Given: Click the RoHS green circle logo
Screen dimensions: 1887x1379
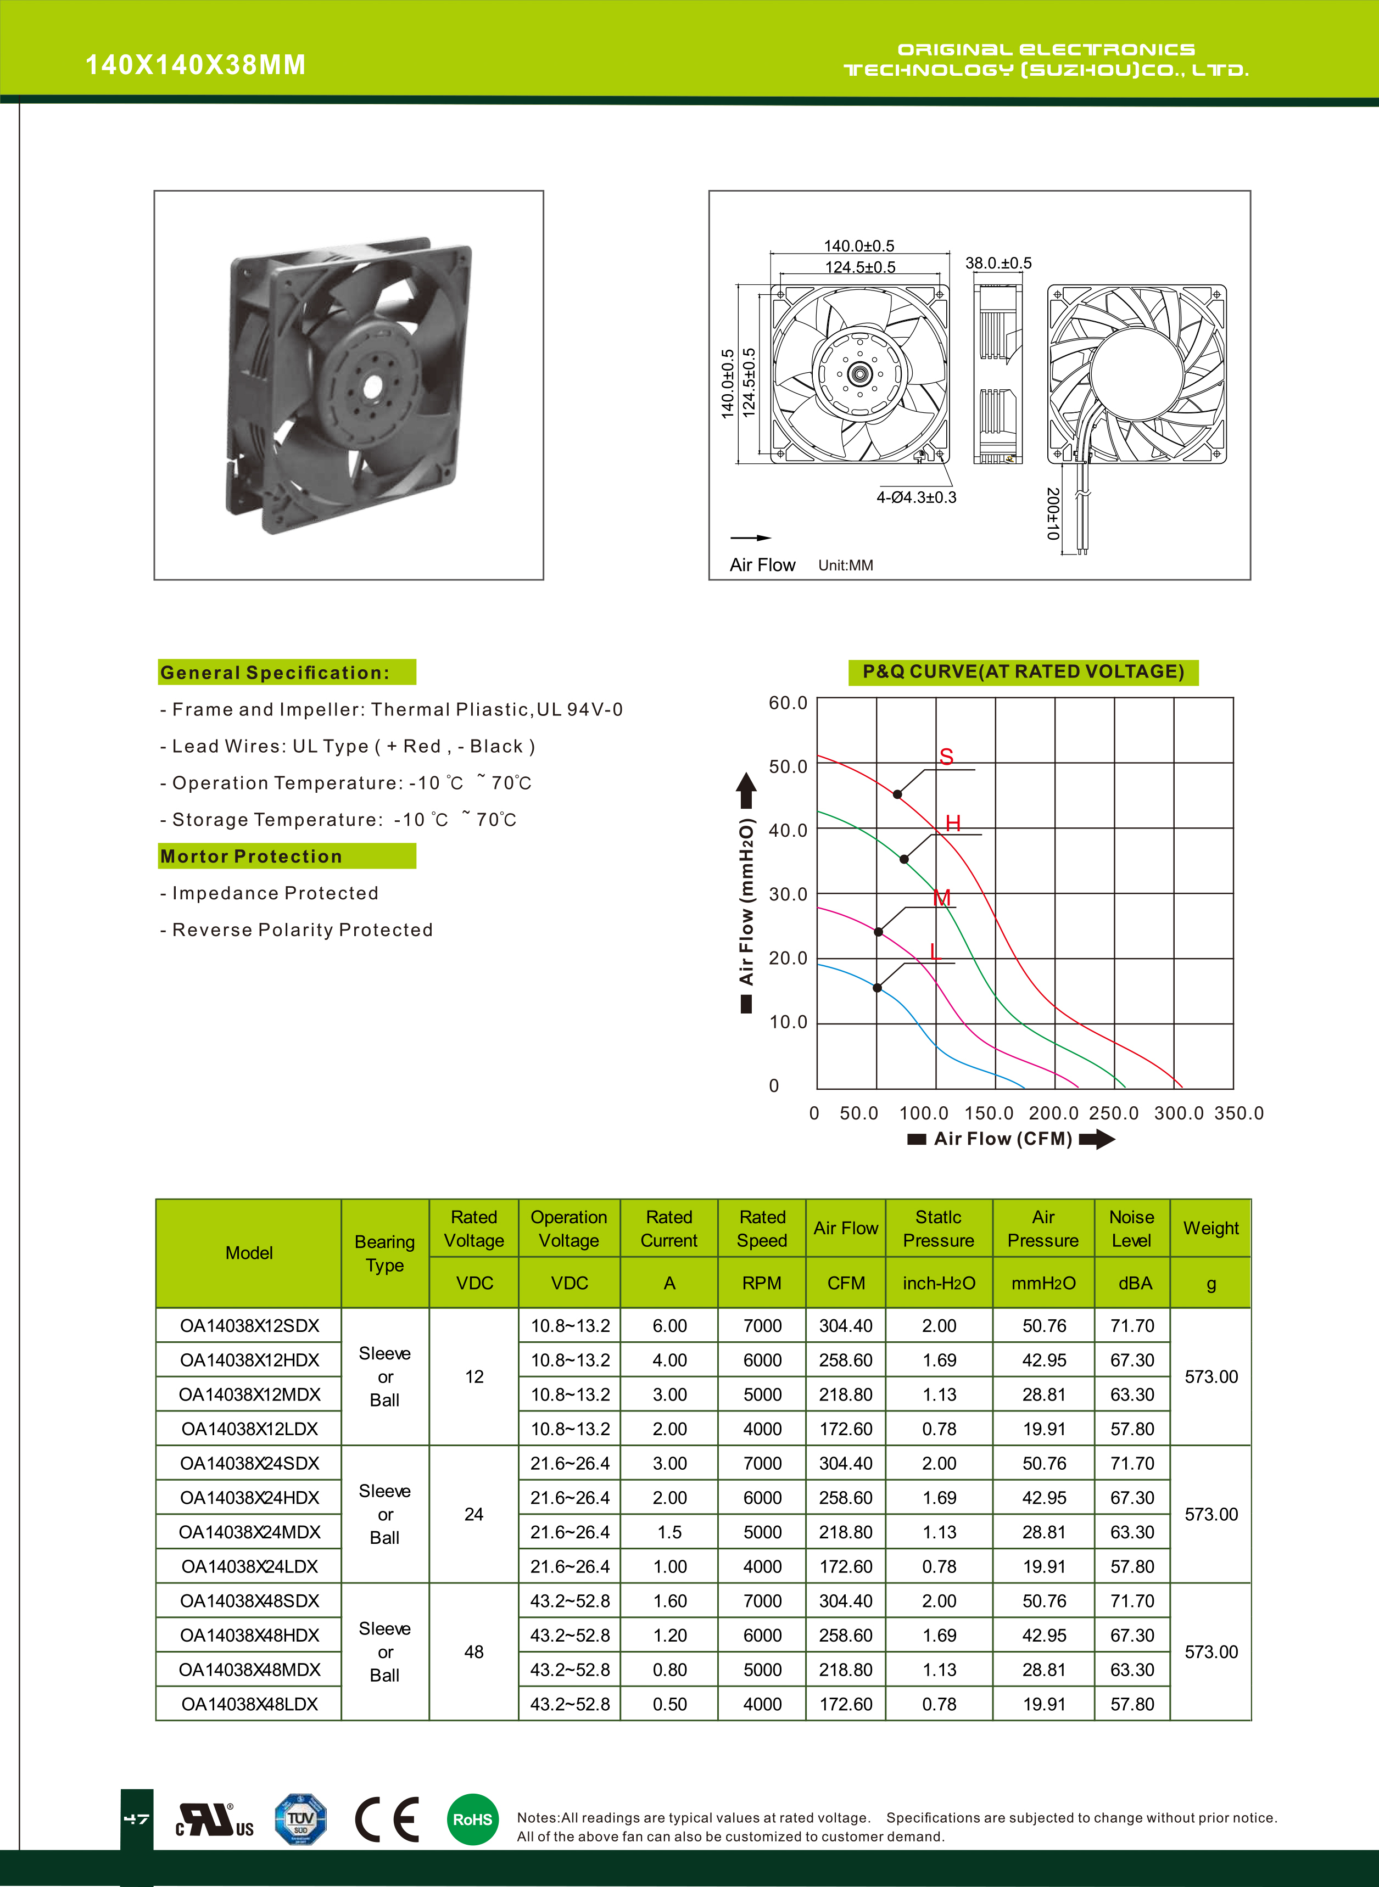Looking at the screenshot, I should [472, 1819].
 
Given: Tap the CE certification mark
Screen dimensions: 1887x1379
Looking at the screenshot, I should [387, 1819].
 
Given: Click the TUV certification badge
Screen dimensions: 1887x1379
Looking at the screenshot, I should [300, 1819].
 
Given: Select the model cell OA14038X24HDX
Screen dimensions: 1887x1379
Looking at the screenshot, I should [249, 1498].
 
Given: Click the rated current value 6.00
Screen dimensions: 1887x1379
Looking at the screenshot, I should [669, 1326].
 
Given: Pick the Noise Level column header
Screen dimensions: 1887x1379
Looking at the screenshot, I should [1132, 1229].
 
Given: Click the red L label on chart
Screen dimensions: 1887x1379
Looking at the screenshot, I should [935, 951].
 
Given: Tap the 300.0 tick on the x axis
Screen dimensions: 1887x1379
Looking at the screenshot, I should [1179, 1113].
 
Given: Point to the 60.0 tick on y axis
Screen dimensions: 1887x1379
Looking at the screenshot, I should [788, 703].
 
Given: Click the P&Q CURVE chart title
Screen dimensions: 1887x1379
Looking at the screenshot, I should [1023, 672].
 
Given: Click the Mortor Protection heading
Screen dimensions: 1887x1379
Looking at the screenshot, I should [252, 856].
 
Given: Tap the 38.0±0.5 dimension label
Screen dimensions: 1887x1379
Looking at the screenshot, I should [998, 264].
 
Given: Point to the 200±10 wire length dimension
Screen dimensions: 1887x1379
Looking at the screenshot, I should [1053, 514].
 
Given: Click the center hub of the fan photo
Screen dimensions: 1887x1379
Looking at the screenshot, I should [373, 387].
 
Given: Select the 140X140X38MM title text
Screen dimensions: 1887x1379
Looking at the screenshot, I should [196, 65].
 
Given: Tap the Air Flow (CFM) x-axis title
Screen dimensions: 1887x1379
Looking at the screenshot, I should [1002, 1139].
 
